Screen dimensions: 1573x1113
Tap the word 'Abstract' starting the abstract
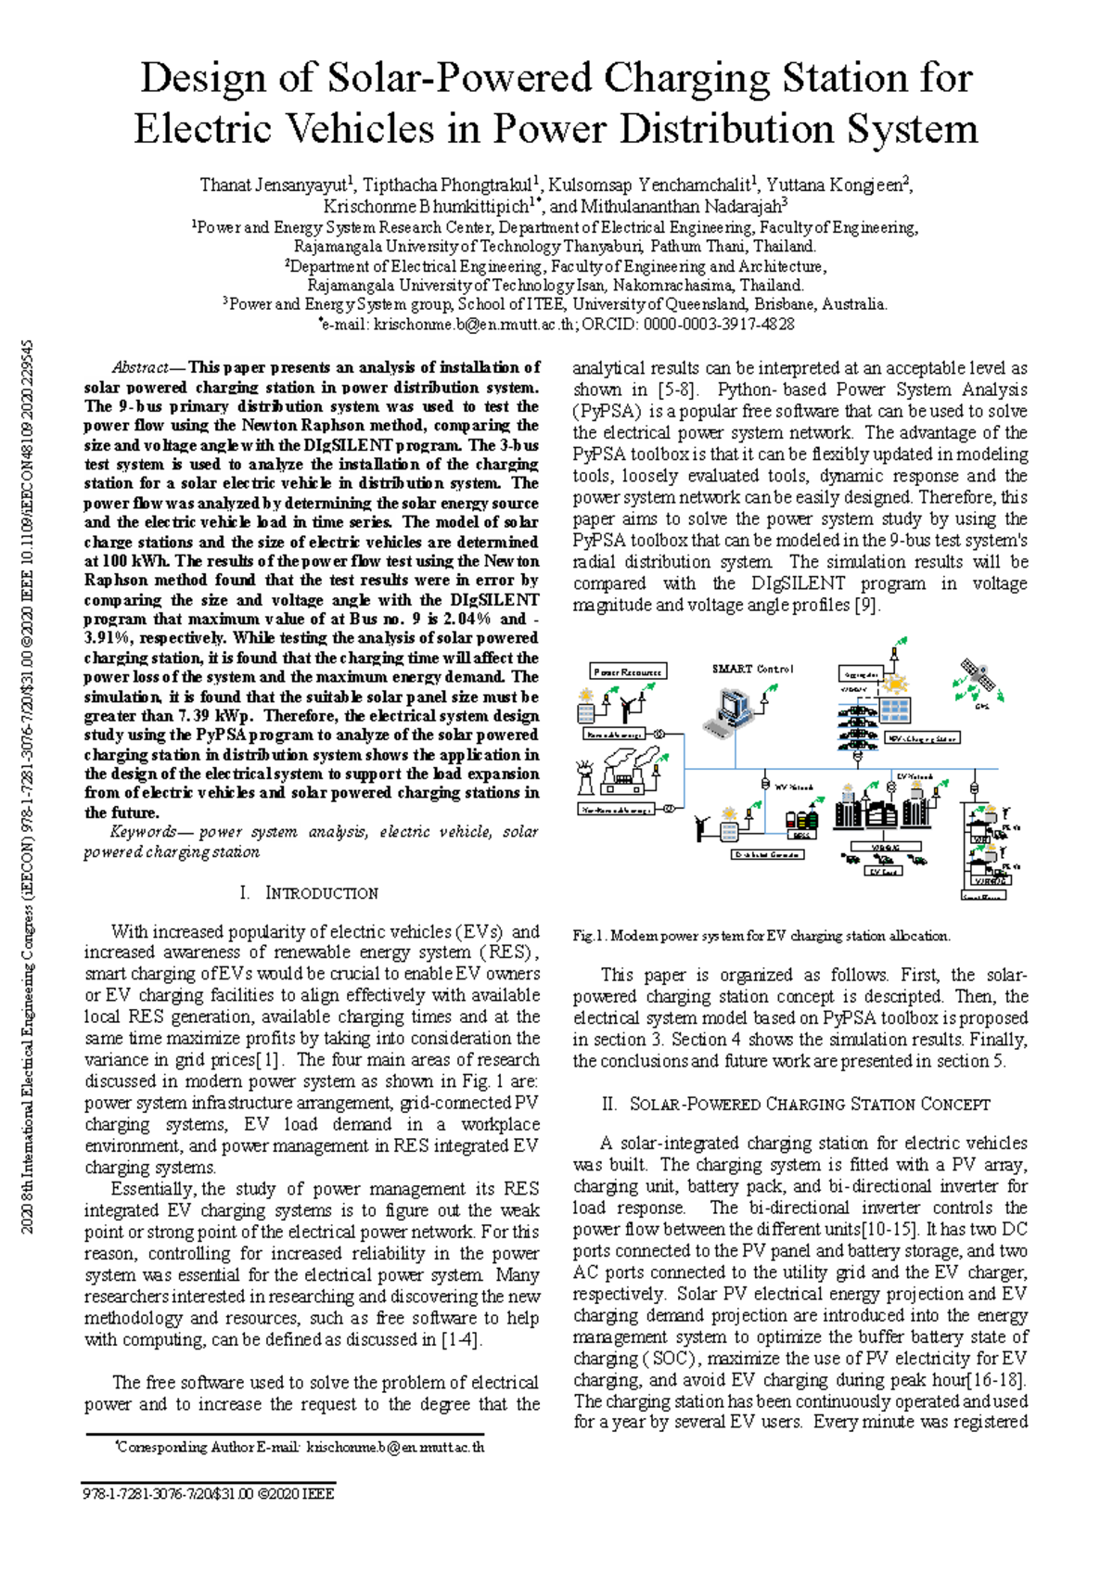(x=140, y=367)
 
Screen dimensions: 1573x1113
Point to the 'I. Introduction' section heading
(x=309, y=893)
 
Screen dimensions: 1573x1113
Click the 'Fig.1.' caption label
(x=588, y=936)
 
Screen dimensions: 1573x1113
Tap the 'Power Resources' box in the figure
(x=628, y=671)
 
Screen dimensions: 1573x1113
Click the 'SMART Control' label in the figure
(x=752, y=669)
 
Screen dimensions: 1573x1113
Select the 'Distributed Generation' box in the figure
(x=767, y=854)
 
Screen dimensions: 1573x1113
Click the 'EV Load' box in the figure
(x=883, y=871)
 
